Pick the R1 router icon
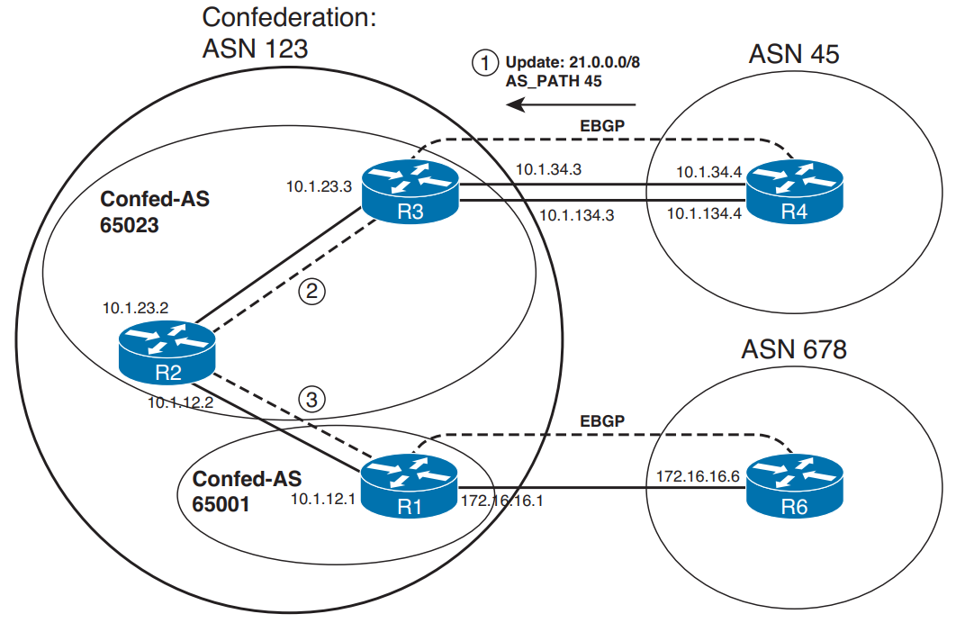tap(410, 488)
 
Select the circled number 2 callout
tap(311, 291)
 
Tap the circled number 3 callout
tap(311, 400)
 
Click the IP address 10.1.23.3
tap(318, 187)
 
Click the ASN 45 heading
tap(793, 54)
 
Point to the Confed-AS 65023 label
tap(154, 212)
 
